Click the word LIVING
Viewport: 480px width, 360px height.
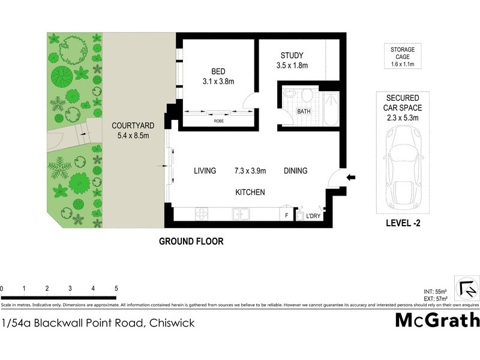click(205, 171)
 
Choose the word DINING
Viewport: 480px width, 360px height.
click(295, 171)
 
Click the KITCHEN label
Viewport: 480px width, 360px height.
click(250, 192)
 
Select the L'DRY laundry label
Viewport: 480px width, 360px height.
click(314, 216)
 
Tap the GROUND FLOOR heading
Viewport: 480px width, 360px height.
click(191, 242)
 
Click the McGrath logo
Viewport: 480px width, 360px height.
click(437, 320)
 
